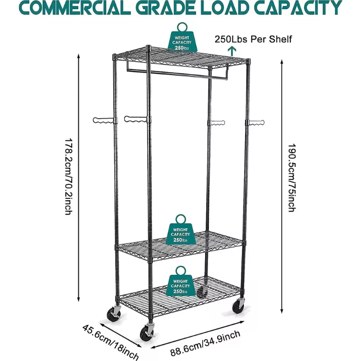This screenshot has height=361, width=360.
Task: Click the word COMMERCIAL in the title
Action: (77, 8)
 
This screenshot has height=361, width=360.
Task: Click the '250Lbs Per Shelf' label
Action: (253, 39)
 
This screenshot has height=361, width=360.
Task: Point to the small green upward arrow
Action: (232, 50)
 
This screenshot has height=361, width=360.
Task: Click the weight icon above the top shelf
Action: (182, 37)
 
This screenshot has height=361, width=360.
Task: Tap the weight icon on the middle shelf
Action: (180, 230)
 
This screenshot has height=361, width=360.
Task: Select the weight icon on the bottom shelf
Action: (180, 281)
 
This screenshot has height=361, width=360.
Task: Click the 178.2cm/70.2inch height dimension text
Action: (69, 177)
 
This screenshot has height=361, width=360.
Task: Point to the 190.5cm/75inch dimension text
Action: (291, 178)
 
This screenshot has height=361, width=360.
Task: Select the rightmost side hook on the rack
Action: (256, 122)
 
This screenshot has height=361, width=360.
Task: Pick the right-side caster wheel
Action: (239, 305)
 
